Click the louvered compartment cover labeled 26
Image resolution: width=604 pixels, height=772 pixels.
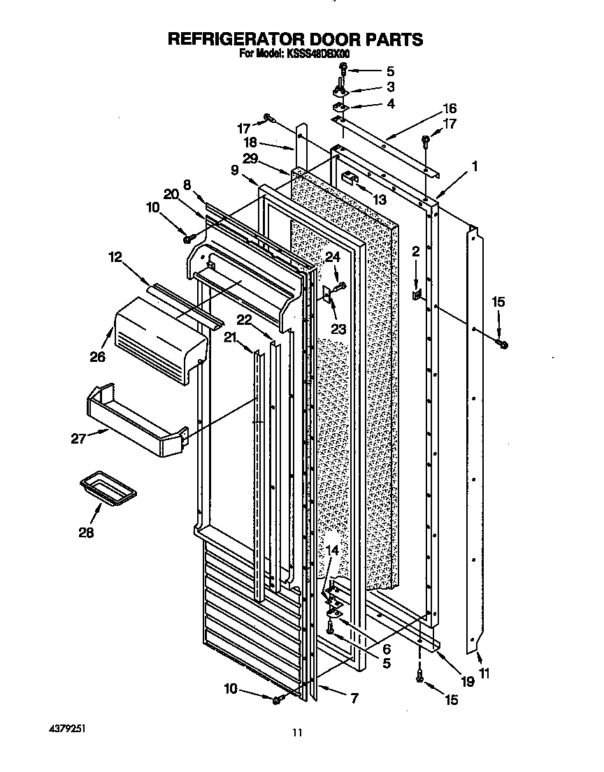pyautogui.click(x=159, y=343)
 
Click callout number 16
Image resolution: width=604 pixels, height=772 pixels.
pyautogui.click(x=449, y=108)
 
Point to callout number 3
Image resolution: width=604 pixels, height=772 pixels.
pyautogui.click(x=390, y=87)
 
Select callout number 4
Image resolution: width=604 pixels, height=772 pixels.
pyautogui.click(x=390, y=103)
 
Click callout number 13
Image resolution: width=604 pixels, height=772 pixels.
pyautogui.click(x=379, y=200)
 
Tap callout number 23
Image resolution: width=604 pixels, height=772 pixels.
pyautogui.click(x=338, y=328)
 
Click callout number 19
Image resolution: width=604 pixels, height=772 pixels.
pyautogui.click(x=467, y=681)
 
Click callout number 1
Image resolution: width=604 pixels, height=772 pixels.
pyautogui.click(x=475, y=166)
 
